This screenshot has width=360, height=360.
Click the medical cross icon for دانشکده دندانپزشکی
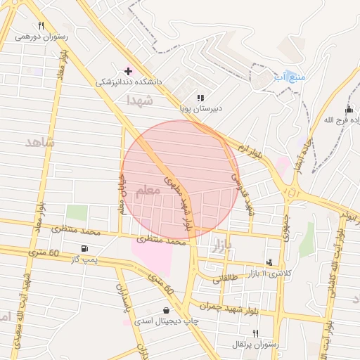(x=127, y=71)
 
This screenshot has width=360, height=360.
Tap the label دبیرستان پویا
(x=200, y=109)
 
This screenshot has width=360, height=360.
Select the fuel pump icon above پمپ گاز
(x=85, y=248)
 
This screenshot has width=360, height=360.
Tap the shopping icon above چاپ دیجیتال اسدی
(x=166, y=310)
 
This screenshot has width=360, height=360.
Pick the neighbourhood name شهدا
(x=139, y=101)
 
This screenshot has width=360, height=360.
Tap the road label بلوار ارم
(x=251, y=153)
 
